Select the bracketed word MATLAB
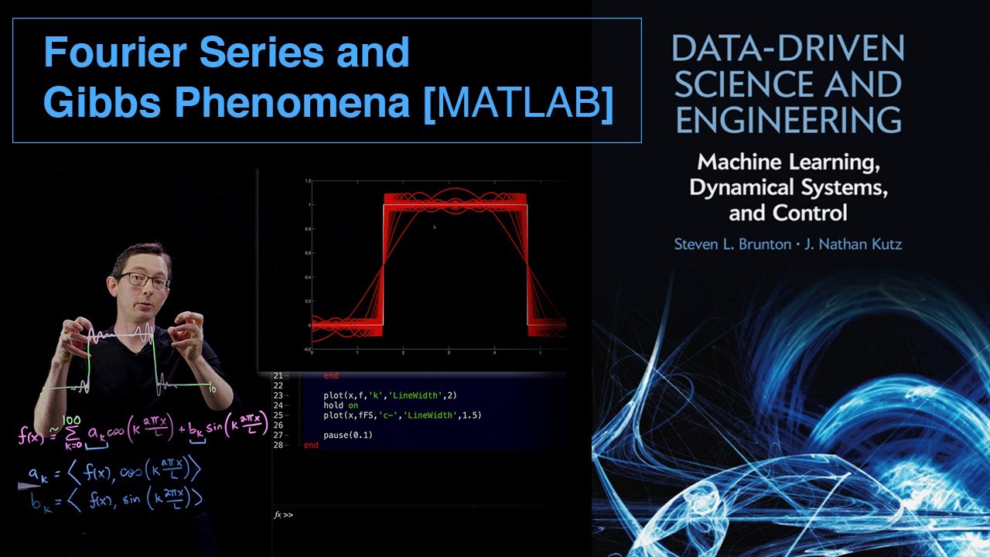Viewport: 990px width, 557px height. [519, 104]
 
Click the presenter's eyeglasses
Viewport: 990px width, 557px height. [144, 280]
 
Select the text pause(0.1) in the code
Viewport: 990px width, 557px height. [348, 436]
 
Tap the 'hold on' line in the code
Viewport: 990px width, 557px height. [341, 405]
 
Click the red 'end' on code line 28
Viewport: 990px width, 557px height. [311, 446]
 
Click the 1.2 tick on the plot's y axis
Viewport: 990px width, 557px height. [307, 181]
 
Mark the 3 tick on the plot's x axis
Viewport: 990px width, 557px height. [449, 353]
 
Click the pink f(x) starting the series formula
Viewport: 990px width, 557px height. [31, 436]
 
